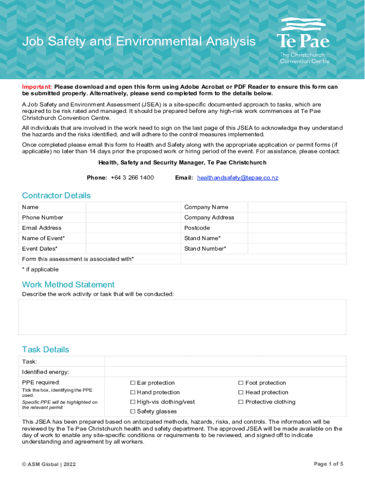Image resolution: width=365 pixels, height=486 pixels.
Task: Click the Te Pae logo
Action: tap(303, 40)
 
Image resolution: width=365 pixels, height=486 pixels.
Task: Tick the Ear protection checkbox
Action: tap(133, 383)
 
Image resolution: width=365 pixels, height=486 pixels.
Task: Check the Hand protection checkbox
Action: tap(133, 393)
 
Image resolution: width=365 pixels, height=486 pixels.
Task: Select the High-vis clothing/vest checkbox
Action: tap(133, 402)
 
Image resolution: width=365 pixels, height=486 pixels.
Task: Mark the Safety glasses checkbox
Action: tap(133, 411)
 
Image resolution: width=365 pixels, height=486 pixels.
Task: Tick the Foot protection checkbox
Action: tap(241, 383)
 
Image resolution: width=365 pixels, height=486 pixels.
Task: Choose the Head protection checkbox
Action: tap(241, 393)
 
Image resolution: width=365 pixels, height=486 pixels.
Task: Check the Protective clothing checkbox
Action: tap(241, 402)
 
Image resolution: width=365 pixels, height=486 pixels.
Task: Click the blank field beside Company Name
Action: tap(297, 207)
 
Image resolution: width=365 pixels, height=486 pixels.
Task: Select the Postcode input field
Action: tap(297, 228)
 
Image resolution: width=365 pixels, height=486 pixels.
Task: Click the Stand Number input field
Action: tap(297, 249)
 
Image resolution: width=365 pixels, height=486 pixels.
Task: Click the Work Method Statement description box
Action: tap(182, 317)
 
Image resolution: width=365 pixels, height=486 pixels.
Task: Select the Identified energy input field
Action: tap(225, 372)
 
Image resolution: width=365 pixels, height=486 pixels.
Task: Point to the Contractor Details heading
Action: tap(56, 196)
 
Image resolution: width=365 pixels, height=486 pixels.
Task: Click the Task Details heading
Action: tap(46, 350)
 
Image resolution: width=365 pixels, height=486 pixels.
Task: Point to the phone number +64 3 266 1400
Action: tap(132, 178)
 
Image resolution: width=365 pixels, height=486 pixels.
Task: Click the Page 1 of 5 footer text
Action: tap(328, 464)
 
